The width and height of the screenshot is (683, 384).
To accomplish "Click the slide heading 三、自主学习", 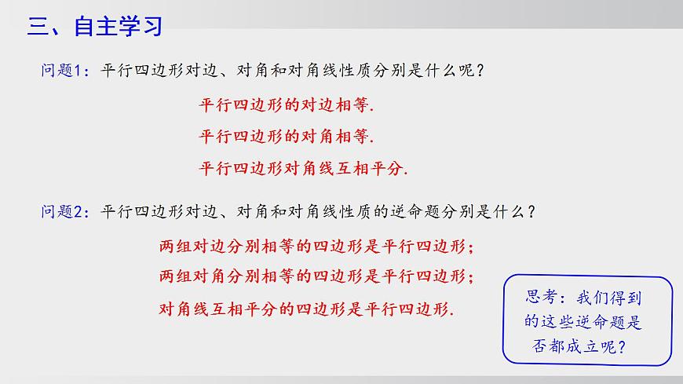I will (x=95, y=27).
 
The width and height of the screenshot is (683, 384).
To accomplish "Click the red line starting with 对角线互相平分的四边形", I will (x=307, y=309).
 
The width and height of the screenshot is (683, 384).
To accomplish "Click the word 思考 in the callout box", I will (x=542, y=297).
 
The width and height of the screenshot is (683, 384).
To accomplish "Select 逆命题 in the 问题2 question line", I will (x=425, y=212).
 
